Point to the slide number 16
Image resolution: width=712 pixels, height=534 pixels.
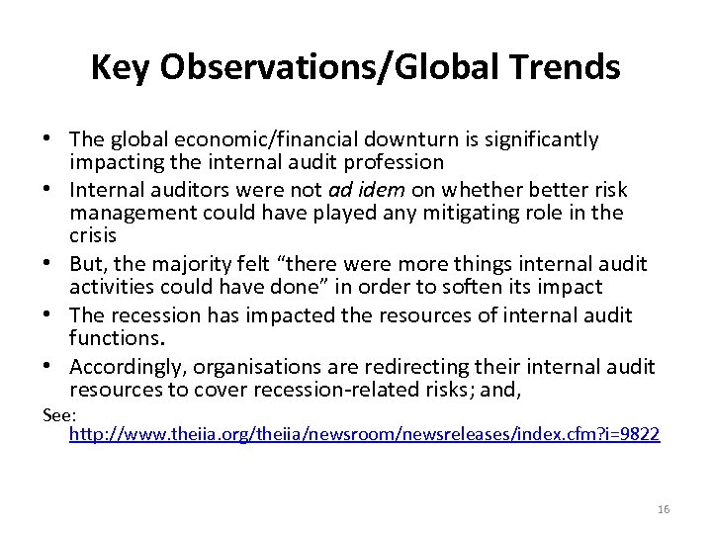coord(663,509)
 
